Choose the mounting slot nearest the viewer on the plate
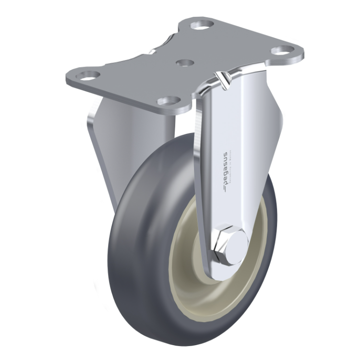[168, 101]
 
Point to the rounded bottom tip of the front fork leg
[218, 274]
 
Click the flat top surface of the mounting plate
[144, 72]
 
